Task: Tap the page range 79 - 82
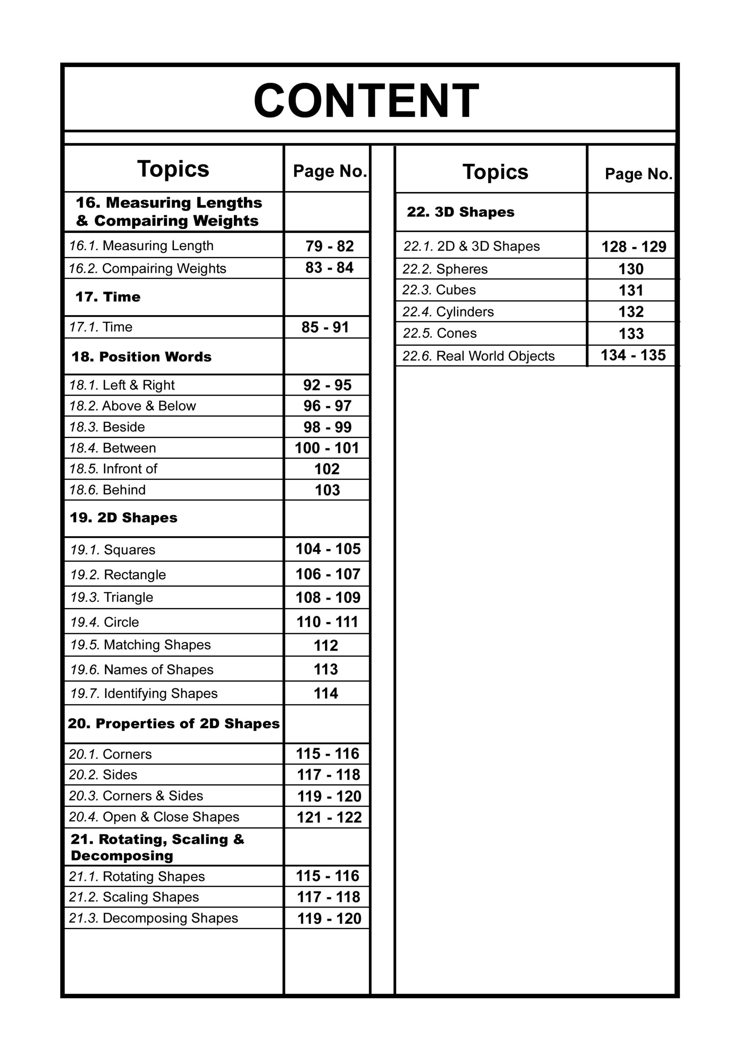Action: (329, 246)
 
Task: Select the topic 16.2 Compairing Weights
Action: (147, 268)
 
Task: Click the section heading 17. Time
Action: (108, 297)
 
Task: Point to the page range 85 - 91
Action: (325, 327)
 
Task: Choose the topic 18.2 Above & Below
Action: (133, 406)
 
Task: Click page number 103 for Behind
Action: (327, 490)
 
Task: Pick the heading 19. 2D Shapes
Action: (123, 518)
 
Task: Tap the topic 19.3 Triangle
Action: (111, 597)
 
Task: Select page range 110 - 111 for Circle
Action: (327, 622)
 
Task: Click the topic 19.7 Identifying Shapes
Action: (144, 693)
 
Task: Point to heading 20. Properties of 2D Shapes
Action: (174, 724)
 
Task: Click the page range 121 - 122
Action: (329, 817)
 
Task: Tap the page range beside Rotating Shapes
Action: (328, 875)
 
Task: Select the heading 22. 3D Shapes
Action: (460, 212)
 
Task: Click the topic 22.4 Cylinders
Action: (448, 312)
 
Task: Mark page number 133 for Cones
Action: (631, 334)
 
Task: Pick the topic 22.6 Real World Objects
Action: (479, 356)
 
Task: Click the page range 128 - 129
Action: (634, 247)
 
